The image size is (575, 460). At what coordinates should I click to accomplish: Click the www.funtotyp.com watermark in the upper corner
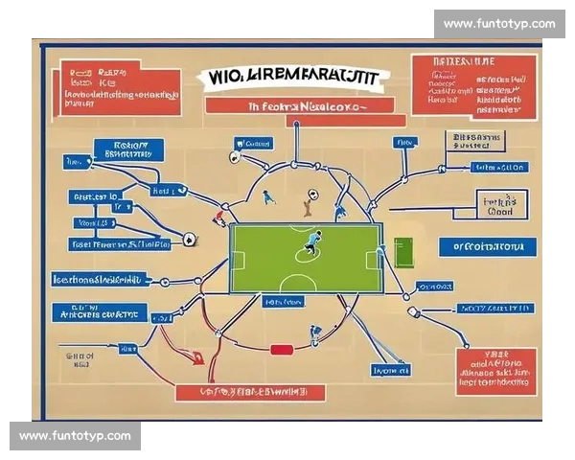[x=498, y=24]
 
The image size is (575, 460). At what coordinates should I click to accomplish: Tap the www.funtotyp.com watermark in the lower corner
[x=75, y=436]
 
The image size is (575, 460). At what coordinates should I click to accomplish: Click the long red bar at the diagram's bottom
[x=250, y=392]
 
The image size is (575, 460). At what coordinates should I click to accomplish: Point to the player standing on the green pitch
[x=313, y=241]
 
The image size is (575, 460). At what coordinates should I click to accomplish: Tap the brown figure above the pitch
[x=307, y=200]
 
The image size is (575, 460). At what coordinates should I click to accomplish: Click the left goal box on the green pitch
[x=237, y=259]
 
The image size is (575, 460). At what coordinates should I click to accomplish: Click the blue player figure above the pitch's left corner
[x=268, y=196]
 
